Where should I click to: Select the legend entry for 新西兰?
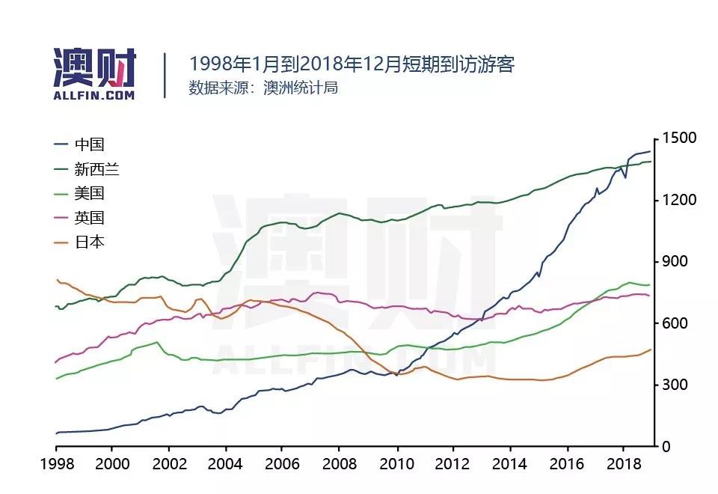[x=97, y=169]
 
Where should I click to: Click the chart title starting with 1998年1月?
[x=352, y=64]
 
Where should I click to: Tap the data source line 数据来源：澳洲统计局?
[x=263, y=88]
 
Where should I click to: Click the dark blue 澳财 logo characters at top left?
[x=95, y=68]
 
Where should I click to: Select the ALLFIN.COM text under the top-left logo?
[x=94, y=96]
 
